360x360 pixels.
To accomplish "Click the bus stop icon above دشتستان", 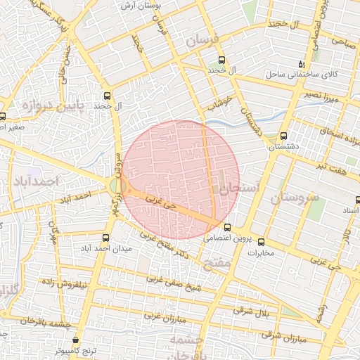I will [283, 136].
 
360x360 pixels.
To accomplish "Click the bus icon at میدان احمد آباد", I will [106, 238].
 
